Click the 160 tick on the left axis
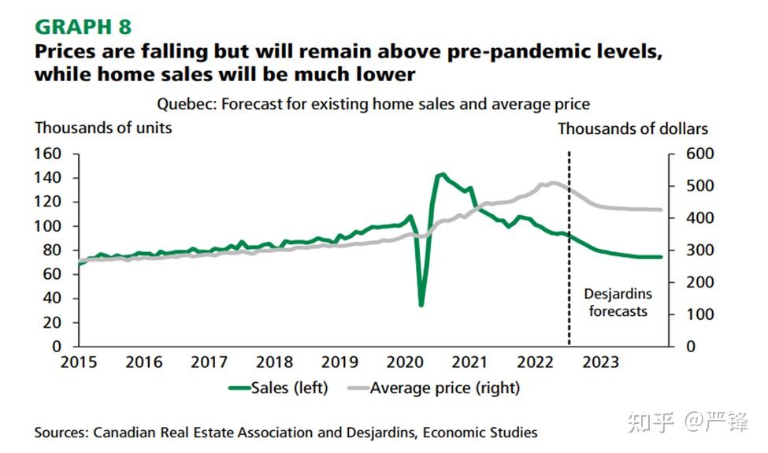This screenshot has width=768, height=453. [49, 154]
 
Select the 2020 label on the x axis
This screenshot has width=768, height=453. [406, 362]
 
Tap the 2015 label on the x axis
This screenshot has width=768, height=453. [79, 362]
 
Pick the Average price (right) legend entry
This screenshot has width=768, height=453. [445, 388]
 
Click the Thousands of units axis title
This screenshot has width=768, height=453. [102, 128]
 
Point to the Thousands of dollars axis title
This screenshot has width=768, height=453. [633, 128]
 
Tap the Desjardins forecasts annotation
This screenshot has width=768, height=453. [618, 303]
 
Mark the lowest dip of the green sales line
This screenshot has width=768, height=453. [421, 305]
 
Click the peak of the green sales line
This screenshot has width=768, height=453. [443, 174]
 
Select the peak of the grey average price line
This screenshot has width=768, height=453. [551, 183]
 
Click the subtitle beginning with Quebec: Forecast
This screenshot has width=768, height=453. [373, 104]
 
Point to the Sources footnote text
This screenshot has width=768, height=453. [285, 433]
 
